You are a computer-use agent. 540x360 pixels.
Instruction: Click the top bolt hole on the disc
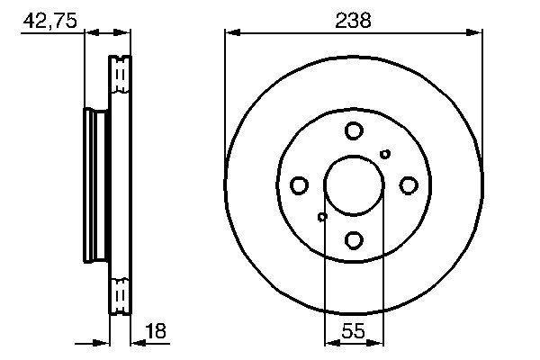(x=353, y=131)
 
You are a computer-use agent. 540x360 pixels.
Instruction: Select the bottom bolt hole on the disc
(x=353, y=239)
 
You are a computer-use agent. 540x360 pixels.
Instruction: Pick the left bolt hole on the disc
(x=299, y=185)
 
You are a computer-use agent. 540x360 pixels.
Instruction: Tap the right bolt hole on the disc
(x=408, y=185)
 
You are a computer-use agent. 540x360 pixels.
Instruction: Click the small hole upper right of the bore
(x=385, y=154)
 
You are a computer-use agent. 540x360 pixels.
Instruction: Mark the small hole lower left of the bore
(x=322, y=217)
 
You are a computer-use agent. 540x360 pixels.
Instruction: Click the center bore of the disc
(x=353, y=185)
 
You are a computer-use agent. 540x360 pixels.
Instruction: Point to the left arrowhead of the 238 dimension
(x=232, y=33)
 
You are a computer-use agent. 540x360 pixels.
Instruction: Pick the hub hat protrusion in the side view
(x=92, y=185)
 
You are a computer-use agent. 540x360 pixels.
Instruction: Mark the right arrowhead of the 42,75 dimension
(x=125, y=33)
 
